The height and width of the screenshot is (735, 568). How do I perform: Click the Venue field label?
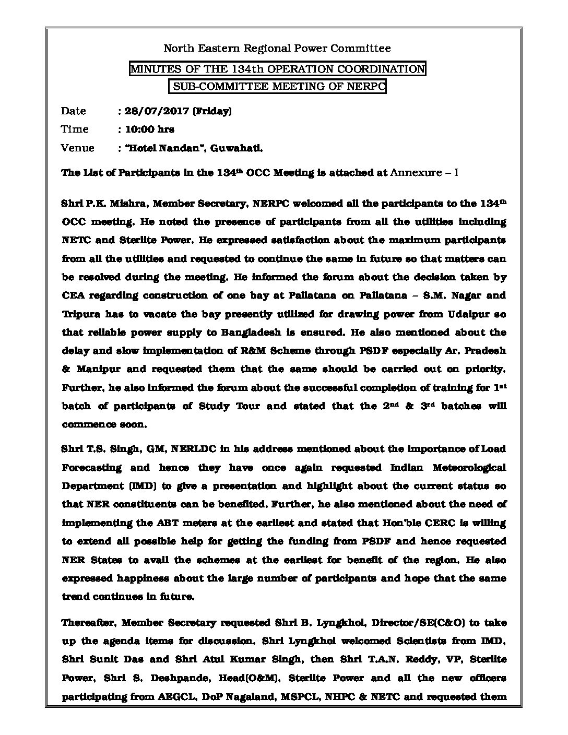[77, 148]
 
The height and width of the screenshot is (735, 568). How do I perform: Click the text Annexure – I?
[424, 173]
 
